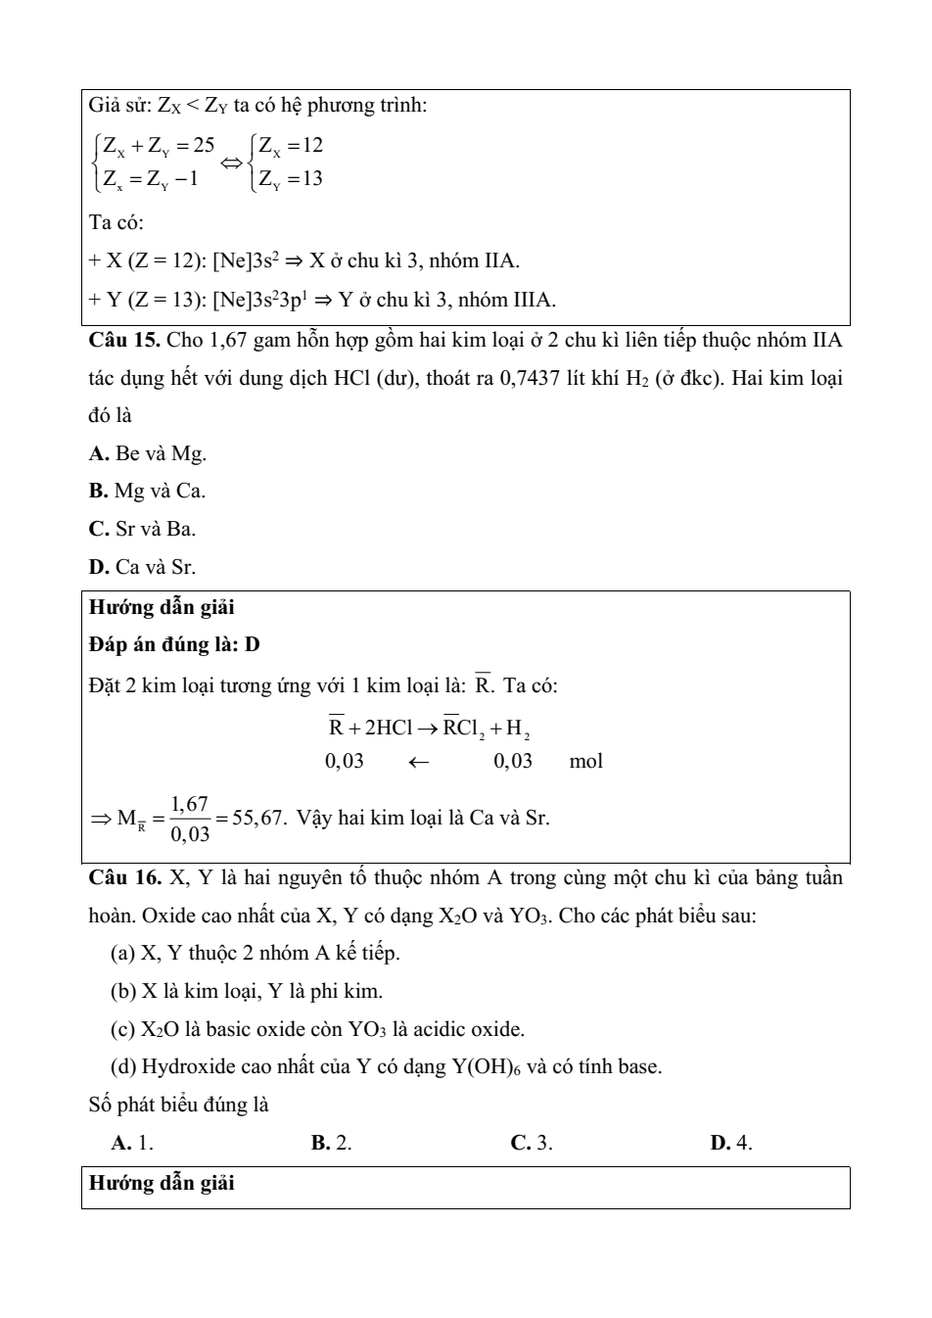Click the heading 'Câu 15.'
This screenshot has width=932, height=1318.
[x=124, y=341]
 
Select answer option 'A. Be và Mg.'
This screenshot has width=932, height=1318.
[x=147, y=453]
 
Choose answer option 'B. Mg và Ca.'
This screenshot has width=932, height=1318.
[x=147, y=492]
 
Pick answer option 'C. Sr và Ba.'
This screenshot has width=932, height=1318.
[x=142, y=529]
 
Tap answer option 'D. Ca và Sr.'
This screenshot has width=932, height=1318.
[x=142, y=567]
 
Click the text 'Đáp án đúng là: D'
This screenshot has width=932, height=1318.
[x=174, y=645]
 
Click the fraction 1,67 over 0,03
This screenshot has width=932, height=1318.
[x=189, y=819]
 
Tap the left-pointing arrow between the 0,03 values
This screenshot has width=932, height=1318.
[x=419, y=762]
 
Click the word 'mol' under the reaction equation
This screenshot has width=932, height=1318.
[x=585, y=761]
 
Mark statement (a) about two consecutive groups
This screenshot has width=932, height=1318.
[x=256, y=953]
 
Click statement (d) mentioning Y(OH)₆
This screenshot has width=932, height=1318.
[x=386, y=1066]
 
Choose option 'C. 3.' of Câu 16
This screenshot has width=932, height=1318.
[x=532, y=1143]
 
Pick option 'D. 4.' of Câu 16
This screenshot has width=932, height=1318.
[x=731, y=1143]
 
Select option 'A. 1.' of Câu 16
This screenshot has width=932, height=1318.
[x=132, y=1143]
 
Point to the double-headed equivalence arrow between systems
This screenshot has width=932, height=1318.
[x=233, y=162]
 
